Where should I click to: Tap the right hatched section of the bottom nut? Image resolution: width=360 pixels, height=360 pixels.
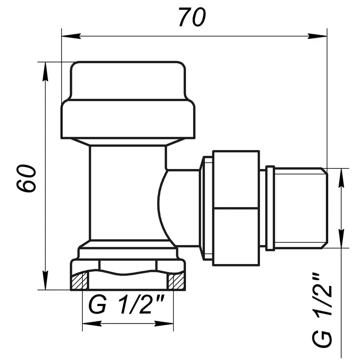tap(176, 282)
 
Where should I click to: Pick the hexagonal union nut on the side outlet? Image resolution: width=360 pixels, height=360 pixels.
tap(236, 208)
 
